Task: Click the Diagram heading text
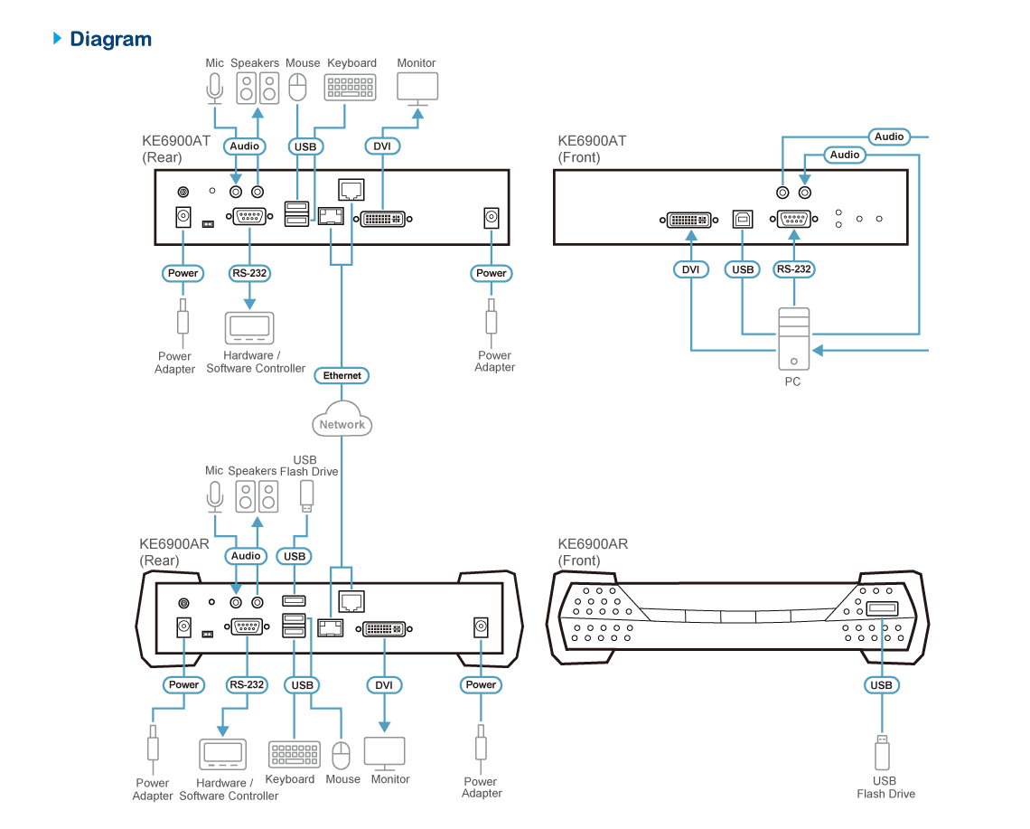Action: [110, 40]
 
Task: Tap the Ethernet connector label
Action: [342, 375]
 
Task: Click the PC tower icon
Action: [793, 339]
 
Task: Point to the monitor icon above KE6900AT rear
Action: [417, 89]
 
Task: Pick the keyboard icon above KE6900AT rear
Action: [351, 87]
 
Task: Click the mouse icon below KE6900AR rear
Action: [341, 756]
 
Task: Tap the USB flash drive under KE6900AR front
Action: [882, 752]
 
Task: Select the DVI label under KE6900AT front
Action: [691, 269]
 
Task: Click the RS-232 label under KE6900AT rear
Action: [249, 273]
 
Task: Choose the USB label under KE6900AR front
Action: [882, 685]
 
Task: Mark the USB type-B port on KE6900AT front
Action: [743, 219]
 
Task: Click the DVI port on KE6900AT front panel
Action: [689, 220]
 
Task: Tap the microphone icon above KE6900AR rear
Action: [215, 496]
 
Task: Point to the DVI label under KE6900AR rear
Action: [384, 685]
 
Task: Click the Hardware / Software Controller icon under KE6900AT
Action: [249, 327]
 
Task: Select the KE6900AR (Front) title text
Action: [593, 552]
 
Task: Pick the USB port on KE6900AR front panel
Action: [882, 608]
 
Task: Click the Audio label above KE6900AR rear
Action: [246, 556]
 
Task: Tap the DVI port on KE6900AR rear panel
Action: [384, 629]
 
